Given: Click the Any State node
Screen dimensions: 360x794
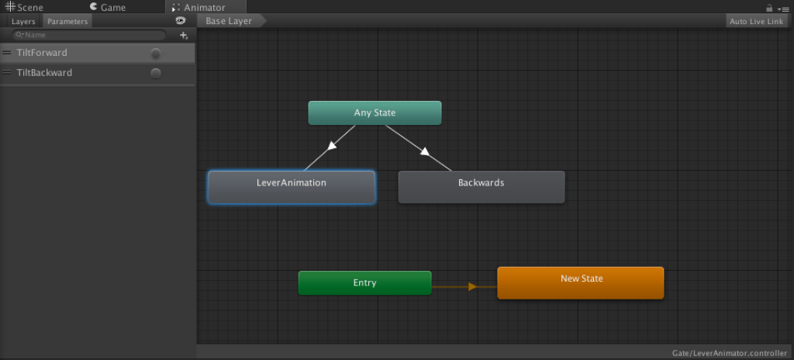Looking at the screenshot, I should tap(375, 113).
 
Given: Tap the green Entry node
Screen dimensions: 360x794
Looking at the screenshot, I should tap(364, 283).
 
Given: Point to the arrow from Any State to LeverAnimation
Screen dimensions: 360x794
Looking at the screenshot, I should tap(331, 146).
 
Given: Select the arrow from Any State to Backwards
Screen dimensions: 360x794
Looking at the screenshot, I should tap(423, 151).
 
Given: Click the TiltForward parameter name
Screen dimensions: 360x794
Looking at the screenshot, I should tap(42, 53).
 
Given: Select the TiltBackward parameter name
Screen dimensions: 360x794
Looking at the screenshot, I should tap(44, 73).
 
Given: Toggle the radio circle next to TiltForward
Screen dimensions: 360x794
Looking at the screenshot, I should tap(156, 54).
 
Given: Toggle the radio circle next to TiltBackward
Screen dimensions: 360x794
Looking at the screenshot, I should tap(156, 73).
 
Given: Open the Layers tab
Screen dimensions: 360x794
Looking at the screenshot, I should tap(23, 22).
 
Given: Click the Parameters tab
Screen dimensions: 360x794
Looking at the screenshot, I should tap(67, 22).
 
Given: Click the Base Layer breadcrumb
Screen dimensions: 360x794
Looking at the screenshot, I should tap(229, 22).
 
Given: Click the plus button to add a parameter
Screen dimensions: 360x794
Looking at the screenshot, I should tap(184, 35).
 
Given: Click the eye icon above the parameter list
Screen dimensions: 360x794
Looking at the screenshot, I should tap(181, 21).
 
